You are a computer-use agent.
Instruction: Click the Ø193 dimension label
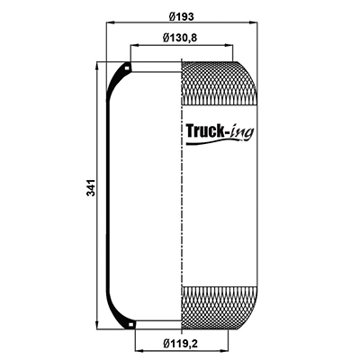pos(181,16)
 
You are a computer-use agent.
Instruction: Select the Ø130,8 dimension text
pos(180,38)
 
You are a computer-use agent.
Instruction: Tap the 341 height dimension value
pos(91,188)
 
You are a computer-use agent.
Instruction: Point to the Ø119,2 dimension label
pos(181,343)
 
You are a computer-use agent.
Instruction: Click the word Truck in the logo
pos(205,130)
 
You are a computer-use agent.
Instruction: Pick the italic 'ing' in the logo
pos(242,132)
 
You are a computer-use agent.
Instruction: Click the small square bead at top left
pos(127,68)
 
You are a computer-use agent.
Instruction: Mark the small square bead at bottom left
pos(130,324)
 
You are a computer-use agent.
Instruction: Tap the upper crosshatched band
pos(220,83)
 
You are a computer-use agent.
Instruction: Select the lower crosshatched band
pos(220,309)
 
